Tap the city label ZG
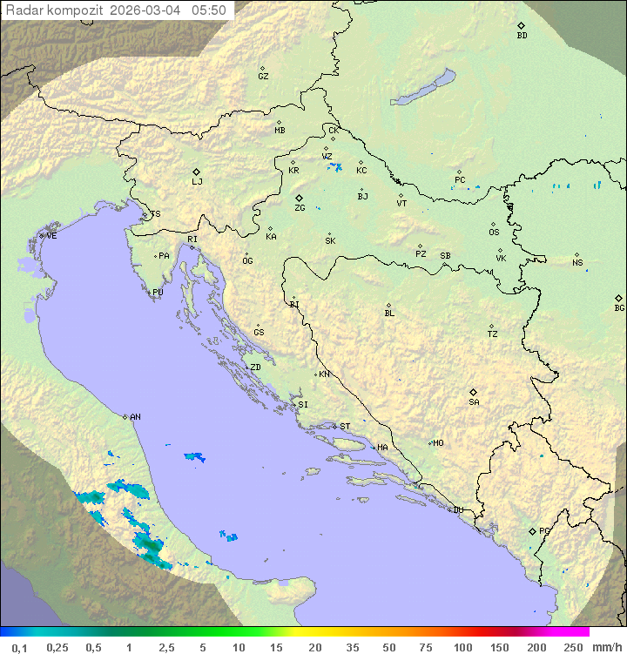(300, 208)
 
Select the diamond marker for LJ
(197, 172)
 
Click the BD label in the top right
(522, 36)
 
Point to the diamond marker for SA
(474, 392)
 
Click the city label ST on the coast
(345, 427)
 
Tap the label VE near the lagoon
(51, 236)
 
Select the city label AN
(135, 417)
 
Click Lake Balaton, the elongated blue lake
(423, 88)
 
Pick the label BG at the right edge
(619, 308)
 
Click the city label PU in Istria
(158, 293)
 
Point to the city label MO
(438, 443)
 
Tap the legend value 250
(573, 647)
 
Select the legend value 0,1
(19, 647)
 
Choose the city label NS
(577, 263)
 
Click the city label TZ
(493, 334)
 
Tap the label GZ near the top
(263, 77)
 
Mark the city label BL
(389, 314)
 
